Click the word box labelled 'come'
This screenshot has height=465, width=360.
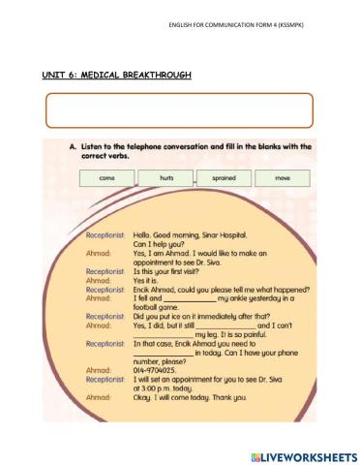coord(102,179)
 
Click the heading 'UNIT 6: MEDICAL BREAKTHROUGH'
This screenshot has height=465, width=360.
coord(117,74)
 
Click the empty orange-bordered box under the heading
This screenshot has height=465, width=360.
coord(179,110)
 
